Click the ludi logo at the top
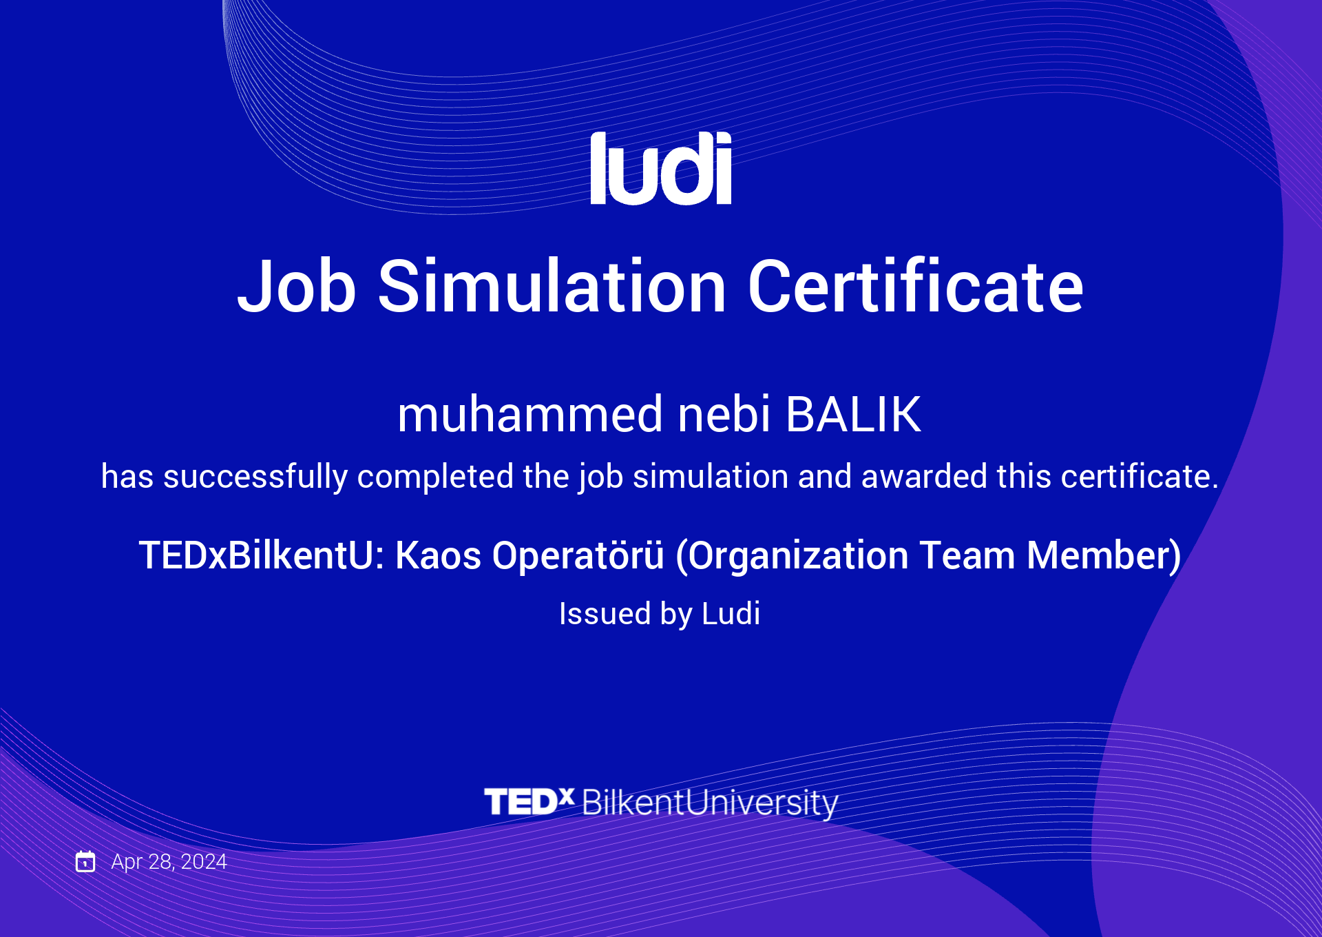(x=661, y=168)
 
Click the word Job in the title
(x=297, y=286)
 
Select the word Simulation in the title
(x=552, y=285)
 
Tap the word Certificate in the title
(x=916, y=285)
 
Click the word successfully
(x=255, y=477)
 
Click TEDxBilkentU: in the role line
(x=262, y=555)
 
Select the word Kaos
(x=439, y=555)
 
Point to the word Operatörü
(x=578, y=555)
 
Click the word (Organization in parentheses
(x=792, y=556)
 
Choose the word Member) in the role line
(x=1104, y=556)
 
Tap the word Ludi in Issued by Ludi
(x=731, y=613)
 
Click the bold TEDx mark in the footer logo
(x=529, y=801)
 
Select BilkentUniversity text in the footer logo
(x=710, y=803)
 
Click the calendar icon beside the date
(x=85, y=861)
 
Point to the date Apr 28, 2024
(x=169, y=862)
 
